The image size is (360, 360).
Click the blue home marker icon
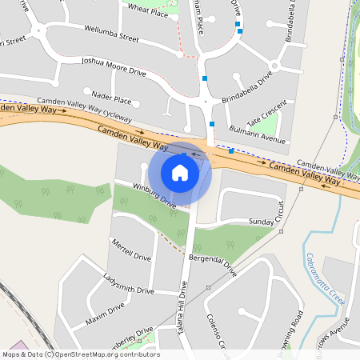(x=180, y=172)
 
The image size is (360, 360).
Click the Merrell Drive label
(x=131, y=251)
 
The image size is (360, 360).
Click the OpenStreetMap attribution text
(x=81, y=354)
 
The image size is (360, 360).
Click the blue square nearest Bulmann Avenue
(x=231, y=150)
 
